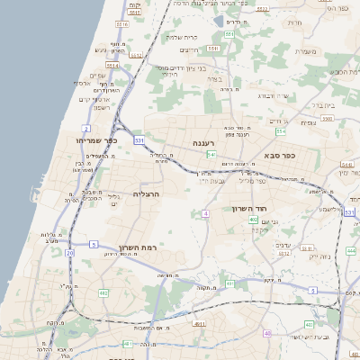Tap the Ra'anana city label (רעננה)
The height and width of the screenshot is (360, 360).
tap(203, 143)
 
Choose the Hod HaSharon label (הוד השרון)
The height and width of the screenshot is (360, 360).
tap(247, 207)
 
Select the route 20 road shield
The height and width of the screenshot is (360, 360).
tap(69, 253)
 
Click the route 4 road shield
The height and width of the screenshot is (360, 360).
tap(205, 213)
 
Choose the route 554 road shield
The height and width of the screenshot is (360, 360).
tap(281, 131)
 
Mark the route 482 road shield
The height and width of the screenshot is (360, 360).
tap(103, 292)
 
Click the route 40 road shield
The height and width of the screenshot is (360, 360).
tap(267, 333)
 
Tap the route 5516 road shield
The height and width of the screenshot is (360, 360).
tap(121, 24)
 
